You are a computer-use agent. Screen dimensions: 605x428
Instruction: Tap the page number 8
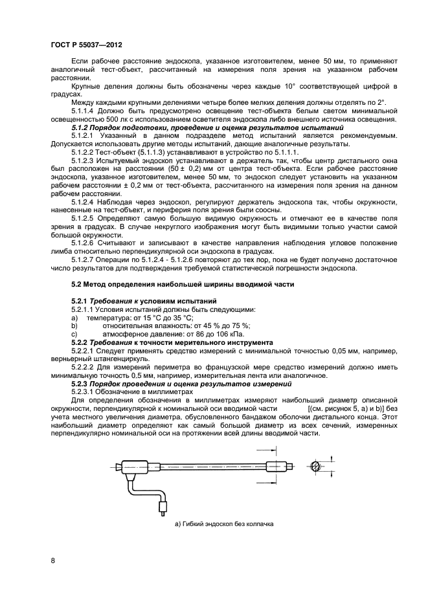coord(53,560)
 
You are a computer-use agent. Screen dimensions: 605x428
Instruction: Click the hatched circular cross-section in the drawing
coord(314,467)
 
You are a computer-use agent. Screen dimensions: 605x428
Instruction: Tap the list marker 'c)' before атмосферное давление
coord(74,334)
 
